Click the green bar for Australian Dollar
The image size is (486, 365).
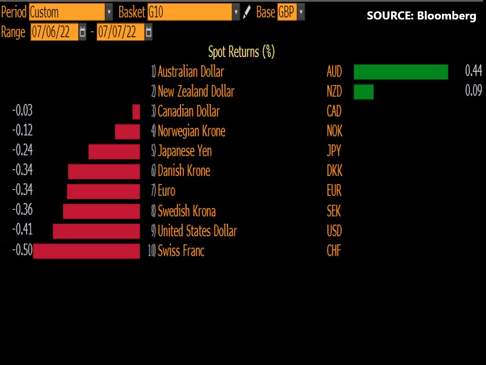click(x=401, y=72)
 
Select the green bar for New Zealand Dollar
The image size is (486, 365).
click(x=364, y=92)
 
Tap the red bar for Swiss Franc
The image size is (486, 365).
click(x=86, y=251)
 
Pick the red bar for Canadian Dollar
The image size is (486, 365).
click(x=136, y=112)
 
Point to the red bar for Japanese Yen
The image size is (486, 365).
click(x=114, y=152)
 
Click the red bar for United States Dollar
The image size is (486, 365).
click(x=96, y=231)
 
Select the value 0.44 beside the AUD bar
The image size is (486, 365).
click(x=473, y=71)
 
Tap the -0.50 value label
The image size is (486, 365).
click(x=22, y=250)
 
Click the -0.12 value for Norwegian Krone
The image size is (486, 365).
click(x=22, y=131)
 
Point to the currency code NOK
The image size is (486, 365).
click(x=335, y=131)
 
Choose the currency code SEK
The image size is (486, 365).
click(x=334, y=211)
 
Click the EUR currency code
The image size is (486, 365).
click(x=334, y=191)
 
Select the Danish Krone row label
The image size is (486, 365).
click(x=184, y=171)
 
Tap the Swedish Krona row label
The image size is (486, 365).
click(x=187, y=211)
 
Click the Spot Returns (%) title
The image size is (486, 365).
click(x=241, y=51)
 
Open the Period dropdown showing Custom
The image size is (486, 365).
click(x=71, y=12)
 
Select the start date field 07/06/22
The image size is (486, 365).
click(x=54, y=32)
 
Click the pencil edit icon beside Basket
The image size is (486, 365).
click(x=247, y=12)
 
